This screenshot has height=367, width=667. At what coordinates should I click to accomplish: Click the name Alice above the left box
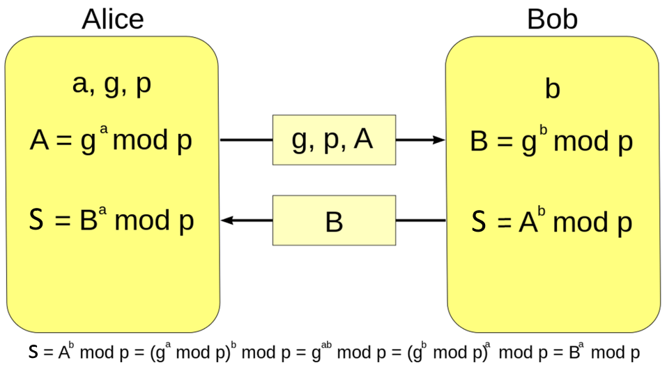[x=113, y=19]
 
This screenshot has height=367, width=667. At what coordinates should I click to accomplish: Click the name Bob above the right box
[x=552, y=19]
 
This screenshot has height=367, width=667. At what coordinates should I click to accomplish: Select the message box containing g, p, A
[x=334, y=140]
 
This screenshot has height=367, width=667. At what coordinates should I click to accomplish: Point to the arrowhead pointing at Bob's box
[x=439, y=140]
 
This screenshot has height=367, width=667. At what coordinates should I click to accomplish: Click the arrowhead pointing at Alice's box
[x=227, y=221]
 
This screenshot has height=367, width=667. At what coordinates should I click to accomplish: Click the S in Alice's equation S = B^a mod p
[x=38, y=221]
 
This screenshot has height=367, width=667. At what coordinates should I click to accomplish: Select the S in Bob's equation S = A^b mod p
[x=479, y=222]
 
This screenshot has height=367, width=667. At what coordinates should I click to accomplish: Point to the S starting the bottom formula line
[x=33, y=352]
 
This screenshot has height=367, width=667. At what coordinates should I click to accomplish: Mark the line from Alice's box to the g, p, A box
[x=246, y=140]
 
